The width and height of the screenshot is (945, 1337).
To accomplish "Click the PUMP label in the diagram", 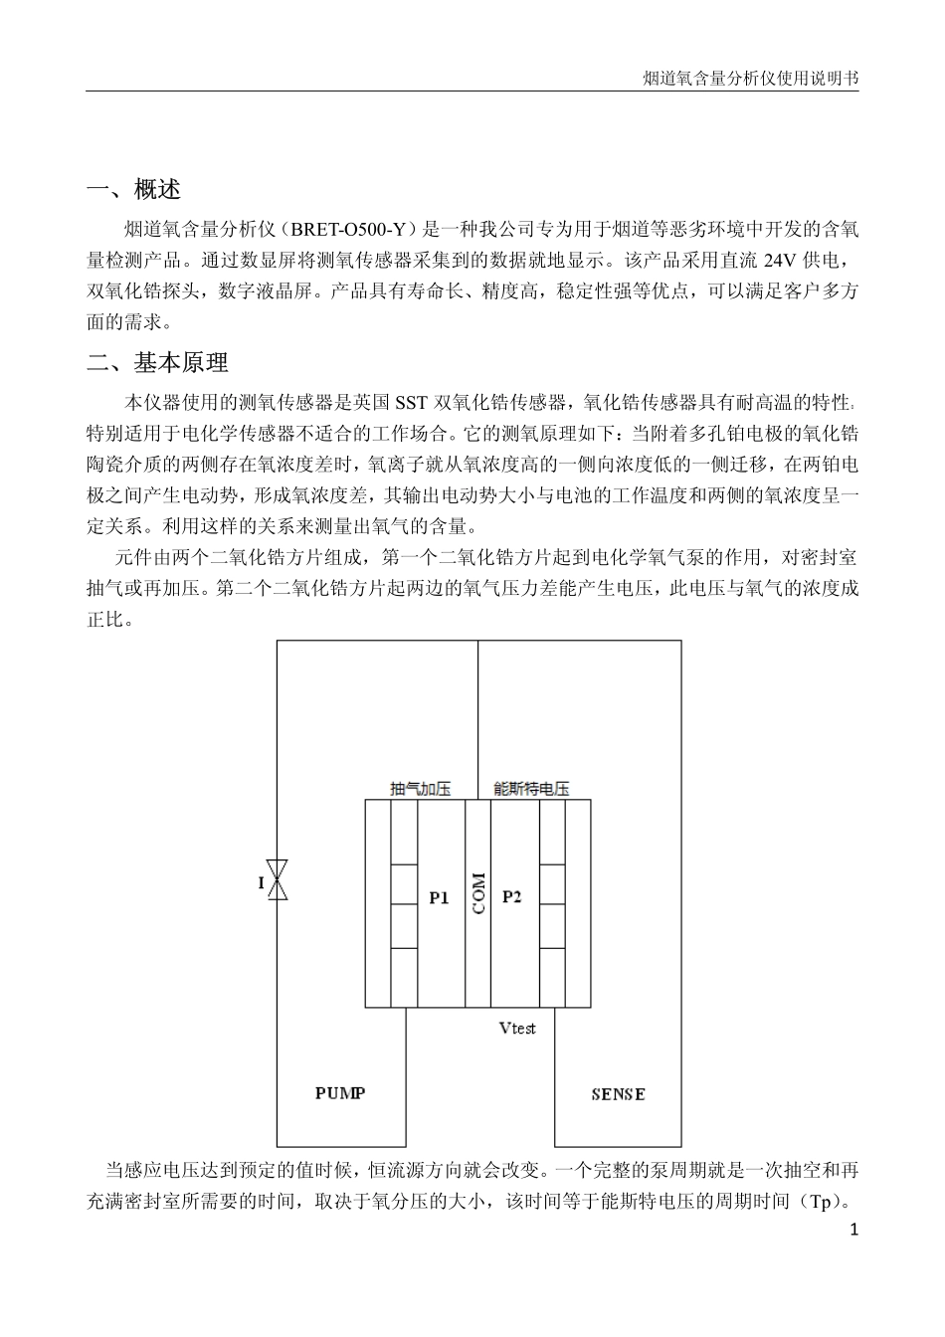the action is click(x=340, y=1093).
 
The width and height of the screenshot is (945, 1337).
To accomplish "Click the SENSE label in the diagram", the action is click(x=618, y=1094).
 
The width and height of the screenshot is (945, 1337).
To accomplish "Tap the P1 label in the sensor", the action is click(x=440, y=897).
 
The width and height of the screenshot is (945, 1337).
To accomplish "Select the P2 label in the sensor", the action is click(x=512, y=896).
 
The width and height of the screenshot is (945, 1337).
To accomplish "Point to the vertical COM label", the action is click(x=478, y=893).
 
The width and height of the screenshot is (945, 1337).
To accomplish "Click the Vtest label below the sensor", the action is click(x=517, y=1028).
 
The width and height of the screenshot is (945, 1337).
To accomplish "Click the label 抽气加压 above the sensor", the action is click(x=421, y=789).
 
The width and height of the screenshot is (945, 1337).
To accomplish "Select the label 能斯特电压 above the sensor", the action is click(x=531, y=789).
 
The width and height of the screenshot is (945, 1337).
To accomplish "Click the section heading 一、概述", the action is click(x=133, y=189).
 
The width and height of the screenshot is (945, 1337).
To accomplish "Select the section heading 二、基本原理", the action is click(x=157, y=363).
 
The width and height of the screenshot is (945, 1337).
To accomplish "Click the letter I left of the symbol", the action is click(x=262, y=883).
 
